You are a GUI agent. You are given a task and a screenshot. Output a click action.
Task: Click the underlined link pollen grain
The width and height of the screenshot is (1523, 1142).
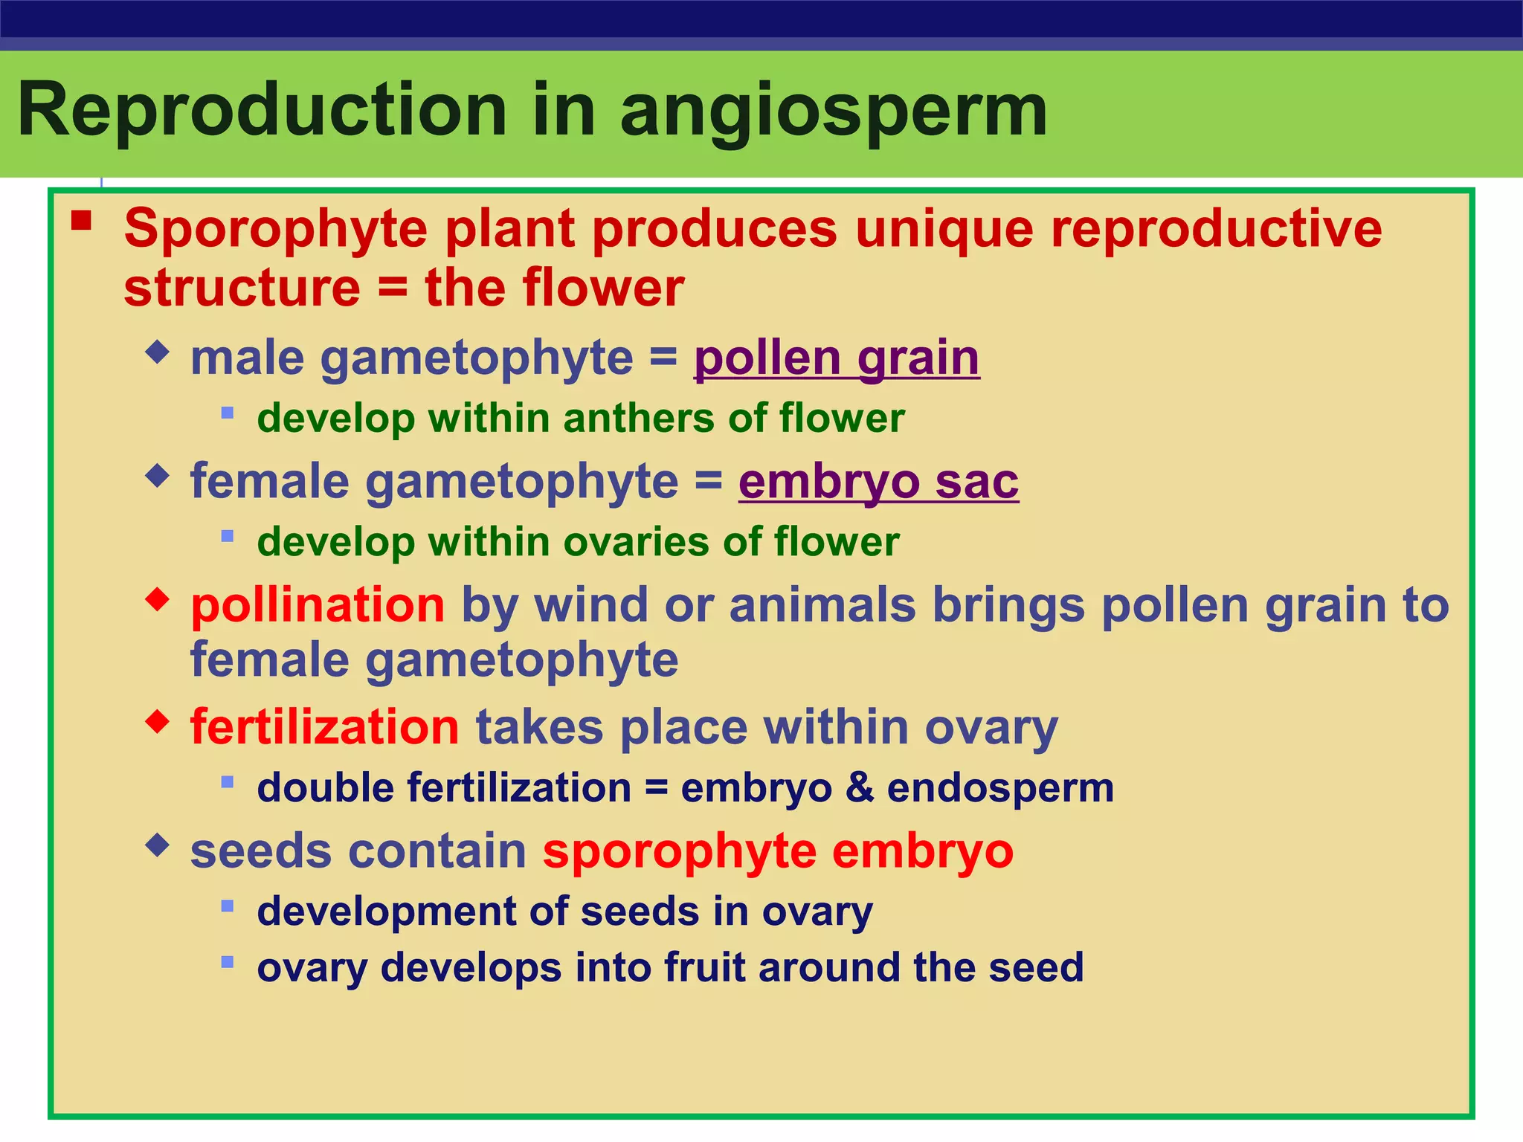(837, 358)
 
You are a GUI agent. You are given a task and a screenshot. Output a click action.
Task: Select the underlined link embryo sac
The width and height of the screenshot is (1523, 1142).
(878, 482)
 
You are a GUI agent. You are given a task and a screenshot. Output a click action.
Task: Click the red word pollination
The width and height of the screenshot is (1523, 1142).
(318, 605)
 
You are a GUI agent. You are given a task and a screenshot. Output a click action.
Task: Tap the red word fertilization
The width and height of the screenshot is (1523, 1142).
(325, 727)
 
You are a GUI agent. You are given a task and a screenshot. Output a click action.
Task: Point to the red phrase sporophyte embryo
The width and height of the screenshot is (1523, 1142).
(778, 851)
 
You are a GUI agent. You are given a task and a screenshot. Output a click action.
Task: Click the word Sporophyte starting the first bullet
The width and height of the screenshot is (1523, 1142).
(275, 229)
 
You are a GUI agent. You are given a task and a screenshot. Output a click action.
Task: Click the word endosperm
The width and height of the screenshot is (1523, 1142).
(1000, 788)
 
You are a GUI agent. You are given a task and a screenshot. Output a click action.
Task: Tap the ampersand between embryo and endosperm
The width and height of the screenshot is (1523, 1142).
(860, 788)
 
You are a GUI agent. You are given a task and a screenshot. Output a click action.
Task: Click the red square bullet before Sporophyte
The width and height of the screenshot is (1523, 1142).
(81, 221)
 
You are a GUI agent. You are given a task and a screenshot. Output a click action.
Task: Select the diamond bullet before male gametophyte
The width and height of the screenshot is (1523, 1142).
(158, 352)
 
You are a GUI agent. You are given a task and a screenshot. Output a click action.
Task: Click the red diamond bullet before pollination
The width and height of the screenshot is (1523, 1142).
(158, 599)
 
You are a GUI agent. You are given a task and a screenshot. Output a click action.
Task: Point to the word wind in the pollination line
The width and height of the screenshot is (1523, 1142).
(591, 605)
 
